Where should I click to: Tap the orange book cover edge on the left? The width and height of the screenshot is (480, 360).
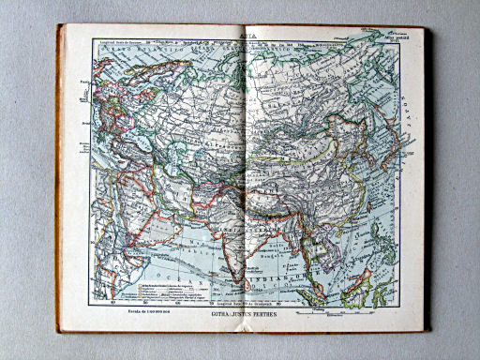coord(60,178)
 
